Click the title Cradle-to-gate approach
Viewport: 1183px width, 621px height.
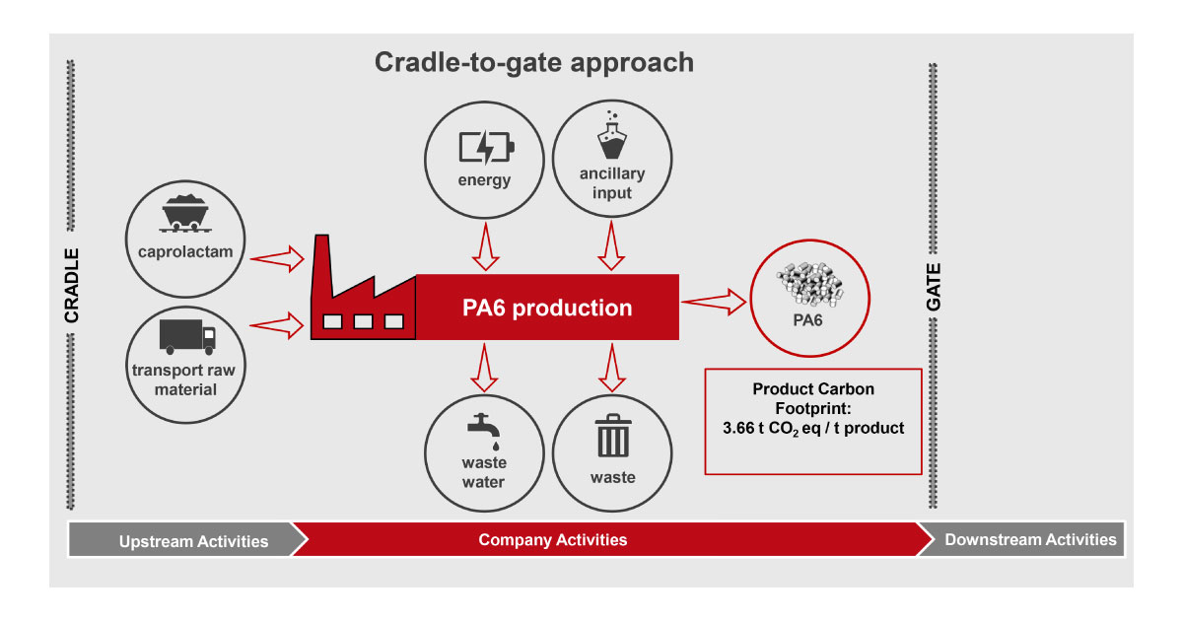tap(533, 62)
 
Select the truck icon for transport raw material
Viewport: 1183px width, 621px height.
tap(187, 336)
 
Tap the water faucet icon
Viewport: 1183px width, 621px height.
tap(483, 429)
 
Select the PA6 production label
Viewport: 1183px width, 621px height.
tap(547, 308)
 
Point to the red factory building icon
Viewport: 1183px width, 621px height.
tap(361, 295)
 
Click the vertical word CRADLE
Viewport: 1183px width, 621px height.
tap(72, 285)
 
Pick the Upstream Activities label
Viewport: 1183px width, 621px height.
tap(193, 541)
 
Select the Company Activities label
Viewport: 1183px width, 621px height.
tap(552, 540)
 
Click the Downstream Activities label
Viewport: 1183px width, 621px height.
tap(1030, 540)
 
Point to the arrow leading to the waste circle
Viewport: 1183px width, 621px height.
tap(612, 367)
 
